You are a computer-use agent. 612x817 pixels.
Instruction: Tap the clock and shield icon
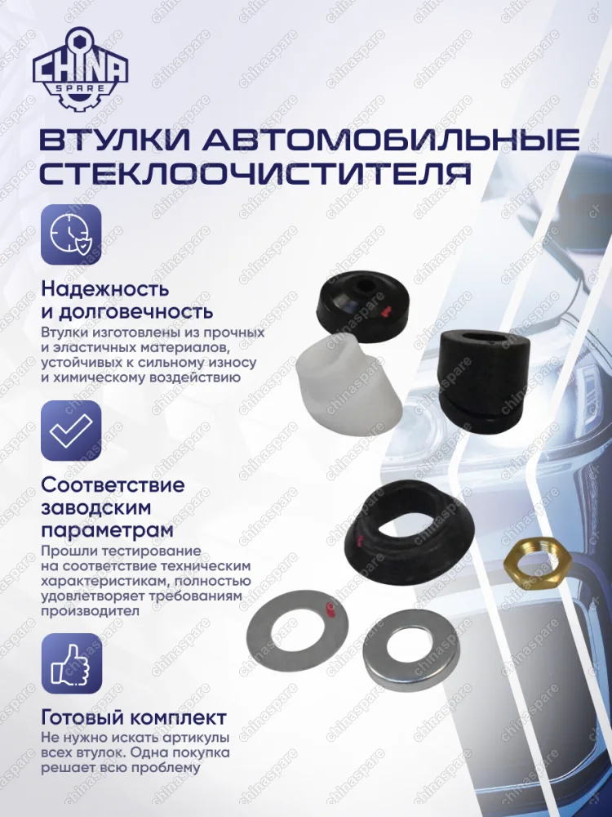click(71, 234)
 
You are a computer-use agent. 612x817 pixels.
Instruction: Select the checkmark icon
click(71, 430)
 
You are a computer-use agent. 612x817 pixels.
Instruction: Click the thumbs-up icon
click(71, 663)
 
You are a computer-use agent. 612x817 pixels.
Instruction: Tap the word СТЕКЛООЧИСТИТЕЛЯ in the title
click(255, 174)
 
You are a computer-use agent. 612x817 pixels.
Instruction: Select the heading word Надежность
click(105, 288)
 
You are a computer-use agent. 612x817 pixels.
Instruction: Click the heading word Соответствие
click(113, 484)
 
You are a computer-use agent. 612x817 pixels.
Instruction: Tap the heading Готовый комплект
click(135, 718)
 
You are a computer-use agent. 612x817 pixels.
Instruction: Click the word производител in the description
click(90, 611)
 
